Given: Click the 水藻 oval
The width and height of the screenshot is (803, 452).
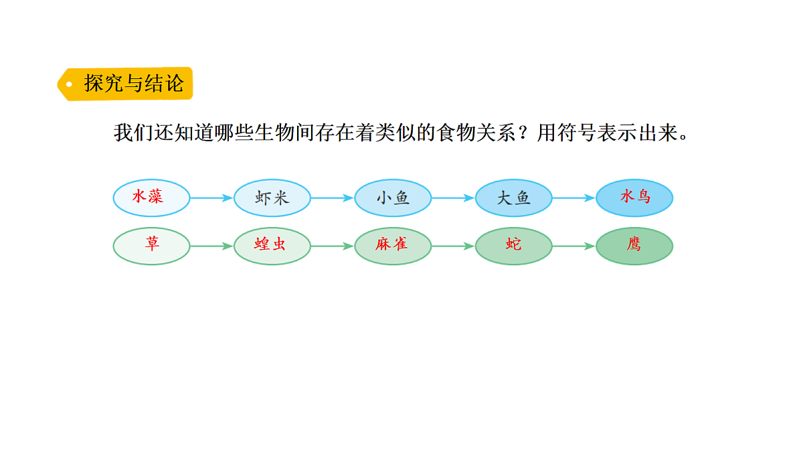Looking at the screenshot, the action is coord(151,198).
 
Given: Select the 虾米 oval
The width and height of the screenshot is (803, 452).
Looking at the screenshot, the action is coord(272,198).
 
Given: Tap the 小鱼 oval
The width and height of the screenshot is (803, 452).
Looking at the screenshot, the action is coord(393,198).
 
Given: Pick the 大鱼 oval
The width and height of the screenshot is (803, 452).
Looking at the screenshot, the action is coord(514,198).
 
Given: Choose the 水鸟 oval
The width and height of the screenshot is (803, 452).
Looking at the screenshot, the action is coord(634,198).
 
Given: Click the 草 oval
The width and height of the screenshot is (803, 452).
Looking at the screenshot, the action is coord(151,246).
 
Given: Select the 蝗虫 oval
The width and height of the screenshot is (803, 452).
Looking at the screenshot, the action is coord(272,246).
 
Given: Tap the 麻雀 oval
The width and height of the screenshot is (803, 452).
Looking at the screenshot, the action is coord(393,246).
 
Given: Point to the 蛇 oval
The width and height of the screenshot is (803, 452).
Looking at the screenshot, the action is coord(514,246).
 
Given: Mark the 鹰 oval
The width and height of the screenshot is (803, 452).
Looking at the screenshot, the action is coord(634,246).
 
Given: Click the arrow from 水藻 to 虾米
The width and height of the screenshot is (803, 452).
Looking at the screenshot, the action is coord(211,198).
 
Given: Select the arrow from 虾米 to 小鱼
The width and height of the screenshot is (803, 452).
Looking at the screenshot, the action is coord(333,198).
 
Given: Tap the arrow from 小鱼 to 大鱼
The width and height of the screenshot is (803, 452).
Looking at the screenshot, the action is coord(453,198).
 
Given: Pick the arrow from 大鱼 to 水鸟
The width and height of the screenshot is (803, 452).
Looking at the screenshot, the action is coord(574,198).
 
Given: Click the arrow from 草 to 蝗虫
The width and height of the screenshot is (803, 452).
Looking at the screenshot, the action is coord(211,246).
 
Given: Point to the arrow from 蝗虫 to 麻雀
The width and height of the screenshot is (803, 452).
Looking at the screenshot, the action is coord(333,246).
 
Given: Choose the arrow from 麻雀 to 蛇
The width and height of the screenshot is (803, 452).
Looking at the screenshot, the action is coord(453,246).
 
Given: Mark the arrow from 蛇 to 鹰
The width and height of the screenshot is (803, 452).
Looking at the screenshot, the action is coord(574,246).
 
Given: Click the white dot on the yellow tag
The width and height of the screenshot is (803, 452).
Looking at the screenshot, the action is coord(69,84).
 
